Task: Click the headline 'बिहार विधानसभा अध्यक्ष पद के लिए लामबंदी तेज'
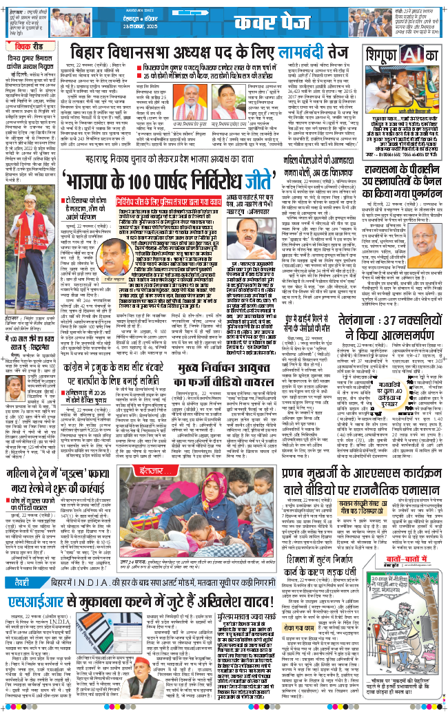(227, 52)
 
